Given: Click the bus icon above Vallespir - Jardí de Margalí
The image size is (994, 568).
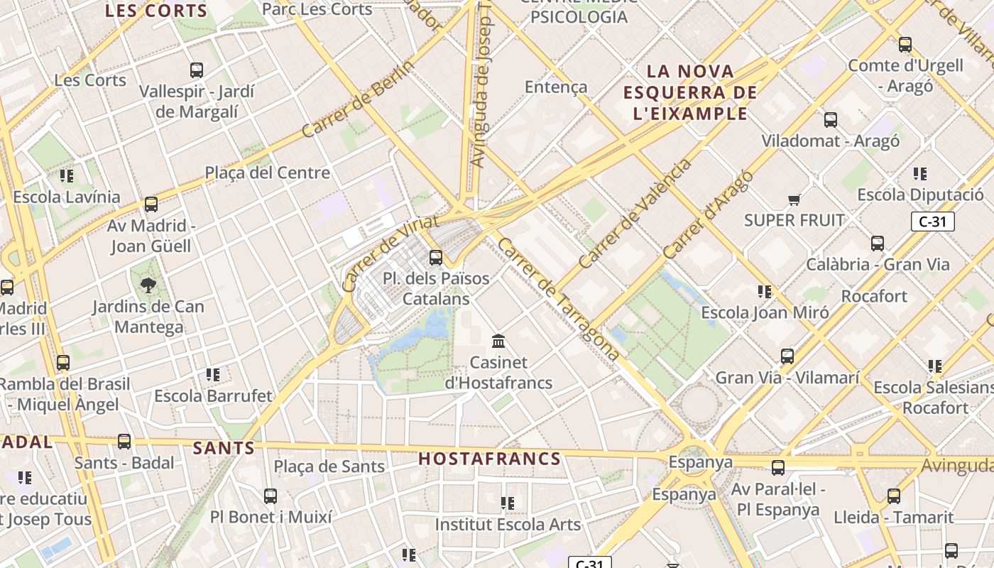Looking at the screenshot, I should point(197,70).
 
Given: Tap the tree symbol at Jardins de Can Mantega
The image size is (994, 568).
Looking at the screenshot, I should point(148,285).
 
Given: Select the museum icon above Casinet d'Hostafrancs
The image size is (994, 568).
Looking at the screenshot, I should point(498,342).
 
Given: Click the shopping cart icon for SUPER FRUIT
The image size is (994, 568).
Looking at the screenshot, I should point(794,200).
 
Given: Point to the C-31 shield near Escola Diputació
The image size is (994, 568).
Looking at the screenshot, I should point(932,222).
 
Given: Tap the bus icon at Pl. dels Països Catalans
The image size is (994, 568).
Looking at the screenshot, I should point(436,257).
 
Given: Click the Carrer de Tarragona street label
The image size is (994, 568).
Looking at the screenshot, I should point(558,299).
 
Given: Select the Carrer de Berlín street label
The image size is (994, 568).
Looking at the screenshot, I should point(358,99).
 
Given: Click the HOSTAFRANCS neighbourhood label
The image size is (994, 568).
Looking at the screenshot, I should point(490,459).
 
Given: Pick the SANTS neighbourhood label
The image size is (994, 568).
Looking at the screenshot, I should point(224,448).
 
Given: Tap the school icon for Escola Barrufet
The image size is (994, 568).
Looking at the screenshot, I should point(212,374).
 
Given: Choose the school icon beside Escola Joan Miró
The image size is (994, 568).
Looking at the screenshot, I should point(764,291).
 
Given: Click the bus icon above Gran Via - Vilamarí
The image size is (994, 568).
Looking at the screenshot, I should point(787,356).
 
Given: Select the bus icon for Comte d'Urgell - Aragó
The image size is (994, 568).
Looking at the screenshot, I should point(905,44).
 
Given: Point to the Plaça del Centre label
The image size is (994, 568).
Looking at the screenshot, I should point(268,173).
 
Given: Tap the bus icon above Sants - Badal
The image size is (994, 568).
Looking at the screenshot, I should point(124,441).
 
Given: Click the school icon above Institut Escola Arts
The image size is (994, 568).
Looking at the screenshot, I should point(507,503).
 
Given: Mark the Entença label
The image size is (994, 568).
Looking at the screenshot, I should point(556,87).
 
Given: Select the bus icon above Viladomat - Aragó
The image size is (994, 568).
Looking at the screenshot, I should point(831,119).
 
